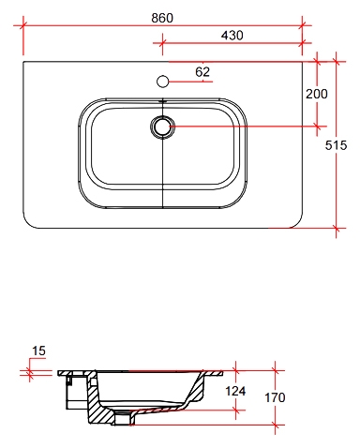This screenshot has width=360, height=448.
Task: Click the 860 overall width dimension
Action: (x=162, y=18)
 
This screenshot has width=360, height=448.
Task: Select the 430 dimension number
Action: (x=232, y=36)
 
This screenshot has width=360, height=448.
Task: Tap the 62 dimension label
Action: (x=202, y=72)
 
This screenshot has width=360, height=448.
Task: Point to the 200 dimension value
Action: (x=316, y=94)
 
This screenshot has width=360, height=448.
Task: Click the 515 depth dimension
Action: (x=336, y=145)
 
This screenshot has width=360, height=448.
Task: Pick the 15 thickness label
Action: (x=38, y=351)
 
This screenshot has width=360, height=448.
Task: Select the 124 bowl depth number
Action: (x=235, y=391)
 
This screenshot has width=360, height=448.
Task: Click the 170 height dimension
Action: (x=275, y=397)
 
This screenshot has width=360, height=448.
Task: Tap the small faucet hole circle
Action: (x=162, y=82)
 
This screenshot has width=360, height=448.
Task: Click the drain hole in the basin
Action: (x=162, y=127)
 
